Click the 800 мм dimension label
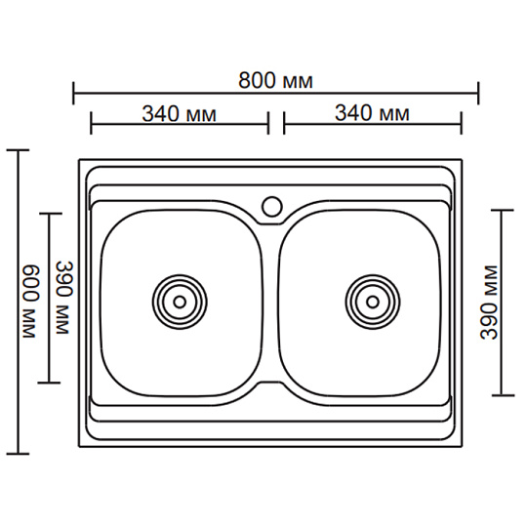click(x=275, y=81)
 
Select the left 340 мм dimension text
click(x=180, y=113)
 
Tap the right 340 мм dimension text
click(x=373, y=113)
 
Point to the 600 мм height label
click(x=29, y=302)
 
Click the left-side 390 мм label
click(x=63, y=297)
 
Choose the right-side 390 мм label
click(x=489, y=303)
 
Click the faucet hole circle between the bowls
click(x=272, y=206)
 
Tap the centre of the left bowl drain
click(x=180, y=302)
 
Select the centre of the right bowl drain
click(x=373, y=302)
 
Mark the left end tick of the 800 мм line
click(x=73, y=93)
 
